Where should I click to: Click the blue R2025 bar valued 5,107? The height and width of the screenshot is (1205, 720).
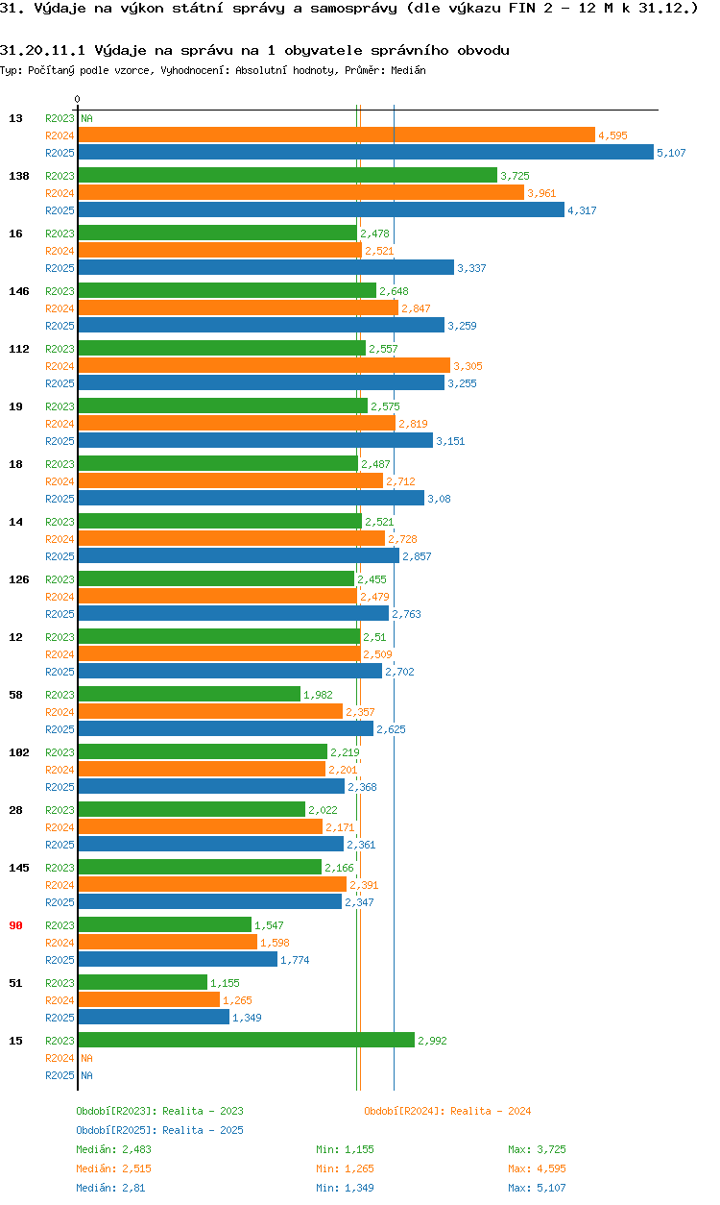click(x=365, y=153)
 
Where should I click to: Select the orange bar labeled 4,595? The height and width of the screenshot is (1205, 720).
click(x=336, y=135)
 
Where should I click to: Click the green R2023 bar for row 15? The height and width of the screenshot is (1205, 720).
click(x=246, y=1041)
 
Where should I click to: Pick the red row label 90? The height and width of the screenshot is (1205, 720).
click(x=15, y=925)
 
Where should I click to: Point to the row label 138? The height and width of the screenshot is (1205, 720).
click(x=18, y=176)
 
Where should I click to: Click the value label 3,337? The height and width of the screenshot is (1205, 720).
click(x=471, y=268)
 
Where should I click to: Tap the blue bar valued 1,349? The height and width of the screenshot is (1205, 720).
click(x=154, y=1018)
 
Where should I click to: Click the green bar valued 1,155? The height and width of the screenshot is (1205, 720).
click(x=142, y=983)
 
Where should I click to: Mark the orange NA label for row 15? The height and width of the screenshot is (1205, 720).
click(x=86, y=1058)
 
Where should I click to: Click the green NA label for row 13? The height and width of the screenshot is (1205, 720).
click(x=86, y=118)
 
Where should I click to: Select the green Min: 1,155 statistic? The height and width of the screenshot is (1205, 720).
click(x=345, y=1149)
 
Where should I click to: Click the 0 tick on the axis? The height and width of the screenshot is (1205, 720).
click(x=77, y=99)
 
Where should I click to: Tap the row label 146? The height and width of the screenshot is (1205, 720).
click(x=18, y=291)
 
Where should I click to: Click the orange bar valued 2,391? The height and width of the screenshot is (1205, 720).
click(x=211, y=885)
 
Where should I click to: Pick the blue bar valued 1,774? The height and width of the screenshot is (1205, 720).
click(x=177, y=960)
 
